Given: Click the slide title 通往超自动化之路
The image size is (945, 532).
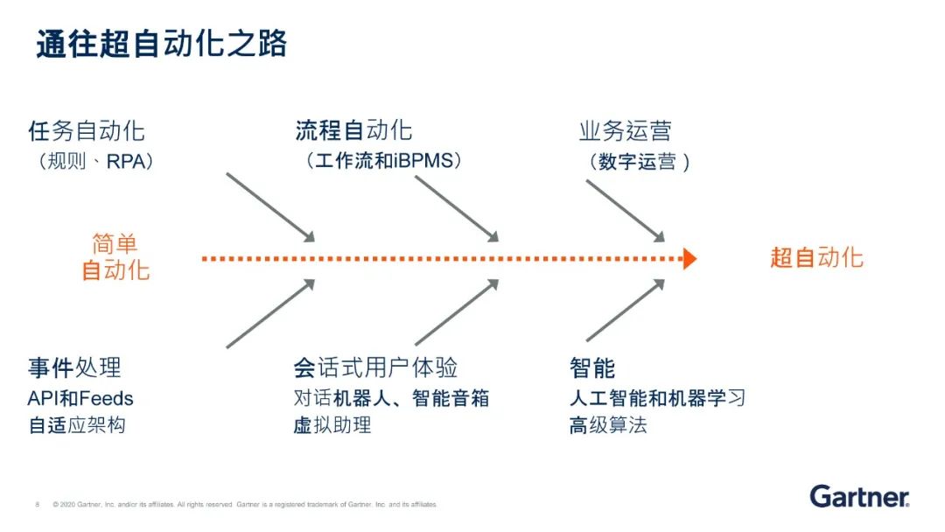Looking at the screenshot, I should [162, 45].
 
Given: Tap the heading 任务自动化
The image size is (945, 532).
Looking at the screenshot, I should [87, 132].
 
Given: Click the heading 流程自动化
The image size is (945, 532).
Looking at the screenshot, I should [353, 132].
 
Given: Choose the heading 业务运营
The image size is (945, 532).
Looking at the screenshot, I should [625, 132].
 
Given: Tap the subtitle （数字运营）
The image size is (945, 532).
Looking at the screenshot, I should [639, 163].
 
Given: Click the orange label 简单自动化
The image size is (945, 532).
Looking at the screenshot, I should [115, 257].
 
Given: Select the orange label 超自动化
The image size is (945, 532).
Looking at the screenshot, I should [816, 257].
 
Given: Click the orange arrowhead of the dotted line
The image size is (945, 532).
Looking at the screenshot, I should [689, 259].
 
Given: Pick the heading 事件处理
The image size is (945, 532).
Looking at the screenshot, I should [74, 367].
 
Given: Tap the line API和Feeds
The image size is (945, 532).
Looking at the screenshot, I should [80, 399].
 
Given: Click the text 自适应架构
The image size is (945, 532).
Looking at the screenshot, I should [77, 426].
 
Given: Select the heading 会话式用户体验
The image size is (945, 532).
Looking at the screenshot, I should [376, 367].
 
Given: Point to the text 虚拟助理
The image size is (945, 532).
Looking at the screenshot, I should [332, 426].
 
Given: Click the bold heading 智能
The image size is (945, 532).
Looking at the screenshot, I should [592, 367].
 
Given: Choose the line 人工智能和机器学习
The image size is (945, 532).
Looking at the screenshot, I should [657, 399].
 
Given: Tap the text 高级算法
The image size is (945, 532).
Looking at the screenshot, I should [608, 426].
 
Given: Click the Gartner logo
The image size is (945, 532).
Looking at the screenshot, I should [859, 496].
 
